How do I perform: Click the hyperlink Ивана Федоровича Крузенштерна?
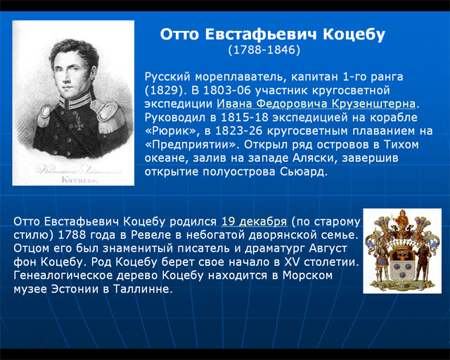[x=316, y=103]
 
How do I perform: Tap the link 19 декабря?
[x=254, y=221]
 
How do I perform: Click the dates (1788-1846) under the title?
[x=264, y=50]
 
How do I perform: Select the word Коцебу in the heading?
[x=354, y=34]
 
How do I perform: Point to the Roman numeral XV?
[x=292, y=262]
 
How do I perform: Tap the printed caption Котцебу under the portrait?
[x=79, y=180]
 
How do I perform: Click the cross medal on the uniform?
[x=78, y=122]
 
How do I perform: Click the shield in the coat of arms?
[x=402, y=263]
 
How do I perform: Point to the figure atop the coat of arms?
[x=402, y=219]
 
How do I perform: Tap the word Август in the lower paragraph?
[x=328, y=248]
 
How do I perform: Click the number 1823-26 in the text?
[x=238, y=131]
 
